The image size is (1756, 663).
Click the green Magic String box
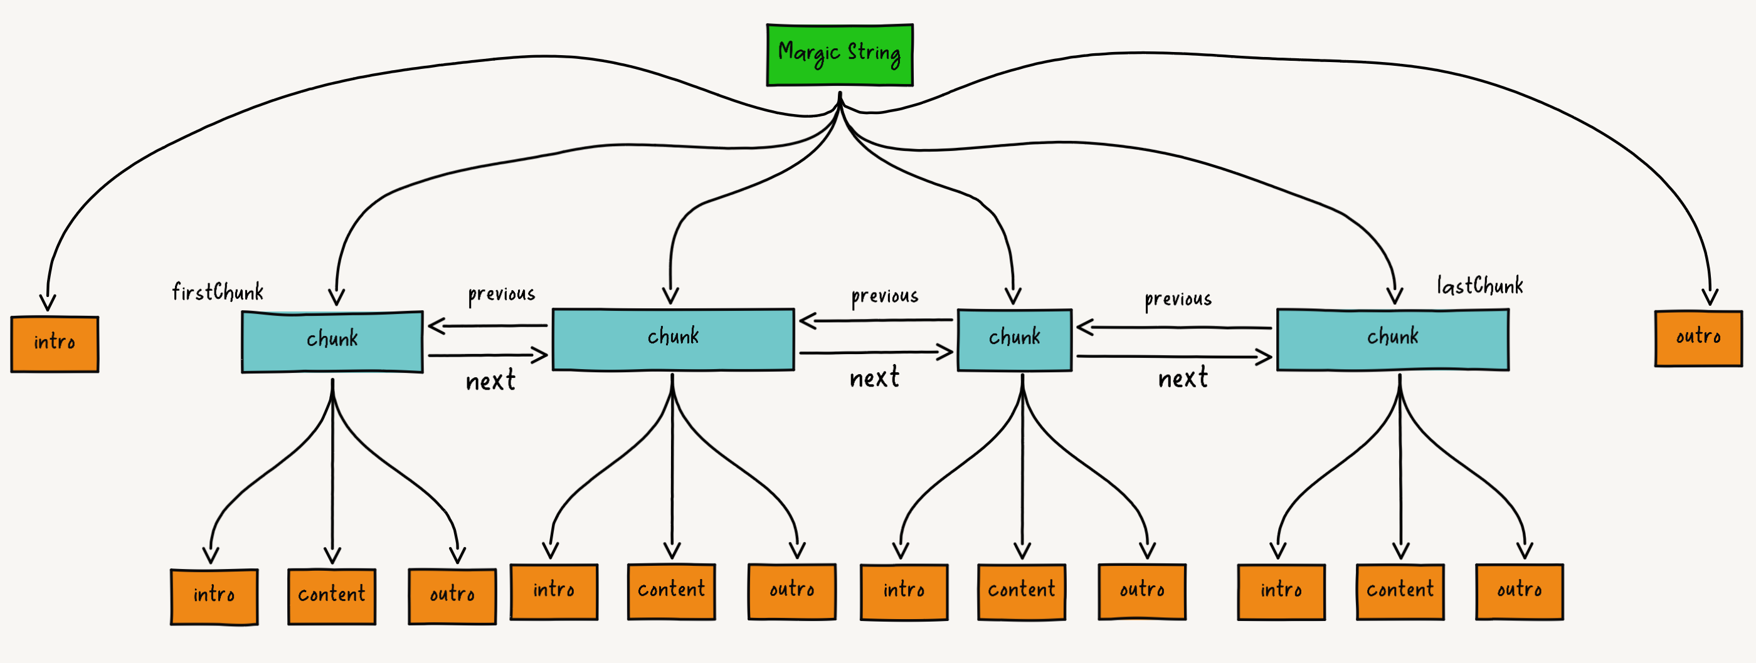point(839,55)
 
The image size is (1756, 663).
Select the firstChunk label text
point(218,292)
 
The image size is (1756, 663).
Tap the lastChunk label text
point(1479,286)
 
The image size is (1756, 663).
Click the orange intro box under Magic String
point(55,344)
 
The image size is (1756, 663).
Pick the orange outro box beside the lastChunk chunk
point(1698,338)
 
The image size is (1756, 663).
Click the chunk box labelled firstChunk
point(332,342)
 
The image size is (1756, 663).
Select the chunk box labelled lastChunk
point(1392,340)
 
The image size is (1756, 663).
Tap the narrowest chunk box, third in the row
point(1014,340)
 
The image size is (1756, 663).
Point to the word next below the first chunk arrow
point(490,381)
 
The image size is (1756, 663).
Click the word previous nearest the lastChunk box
point(1178,299)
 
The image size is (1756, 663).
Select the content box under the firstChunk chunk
point(331,596)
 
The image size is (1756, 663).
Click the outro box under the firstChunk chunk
point(452,596)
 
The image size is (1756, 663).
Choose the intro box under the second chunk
point(554,592)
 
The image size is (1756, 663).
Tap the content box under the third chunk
point(1021,592)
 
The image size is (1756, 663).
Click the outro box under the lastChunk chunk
point(1519,592)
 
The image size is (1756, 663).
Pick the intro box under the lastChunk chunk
point(1281,592)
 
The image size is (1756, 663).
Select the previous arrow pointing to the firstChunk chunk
point(488,326)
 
